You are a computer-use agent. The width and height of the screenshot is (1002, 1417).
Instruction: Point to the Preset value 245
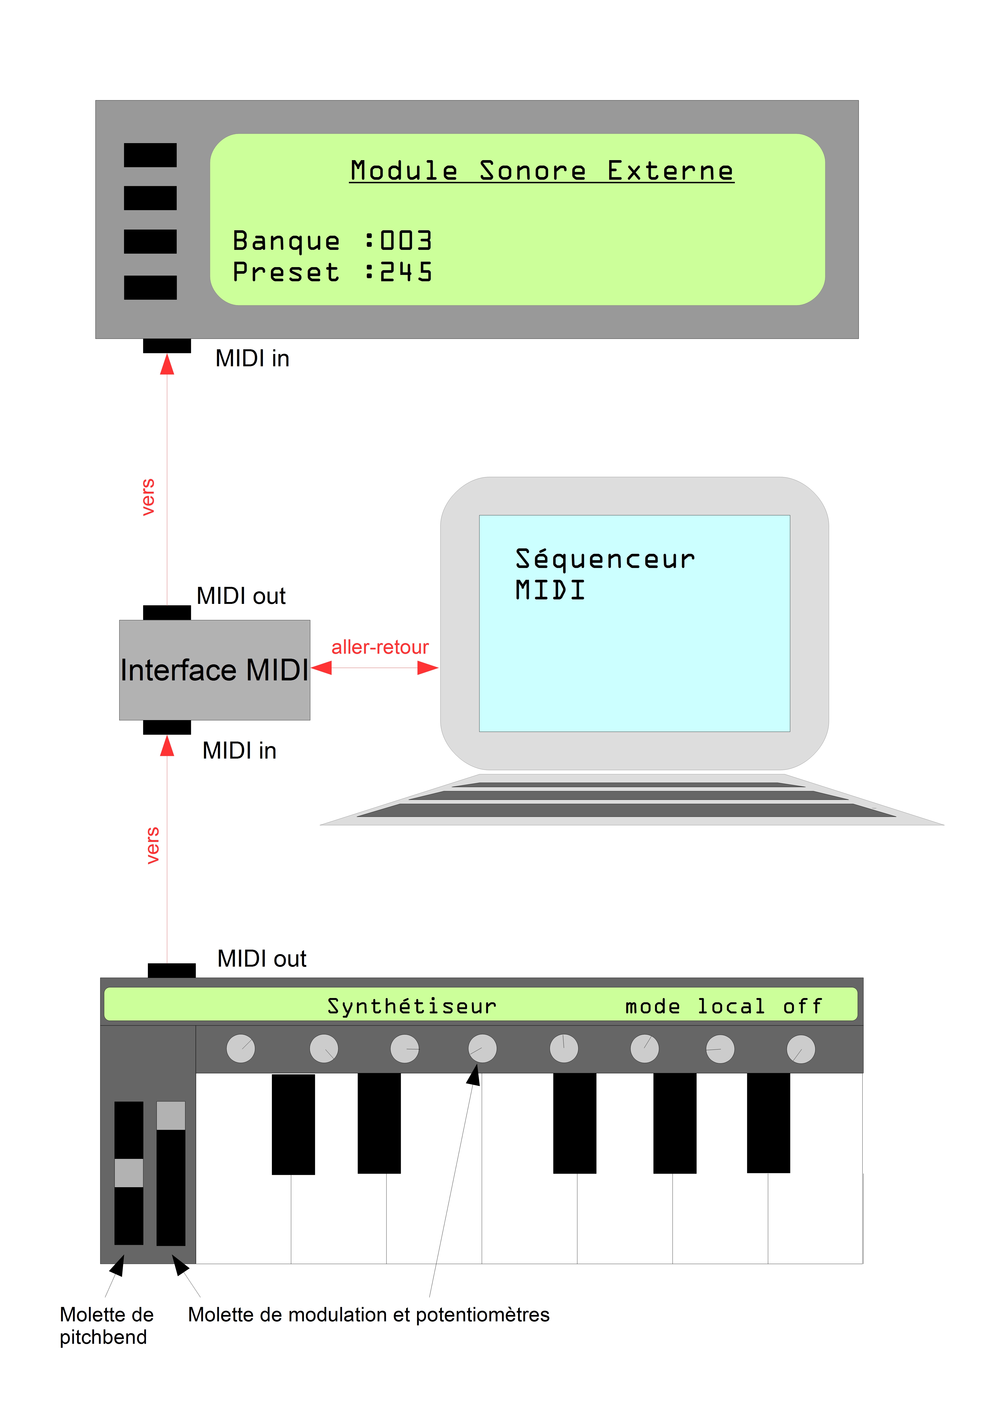[406, 272]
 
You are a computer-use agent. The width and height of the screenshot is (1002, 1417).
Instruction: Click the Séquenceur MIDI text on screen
[605, 574]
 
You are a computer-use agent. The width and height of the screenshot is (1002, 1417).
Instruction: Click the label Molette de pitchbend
[106, 1326]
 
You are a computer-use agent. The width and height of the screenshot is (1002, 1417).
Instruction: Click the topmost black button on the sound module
[150, 155]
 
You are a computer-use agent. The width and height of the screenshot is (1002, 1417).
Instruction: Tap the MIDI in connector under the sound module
[167, 346]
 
